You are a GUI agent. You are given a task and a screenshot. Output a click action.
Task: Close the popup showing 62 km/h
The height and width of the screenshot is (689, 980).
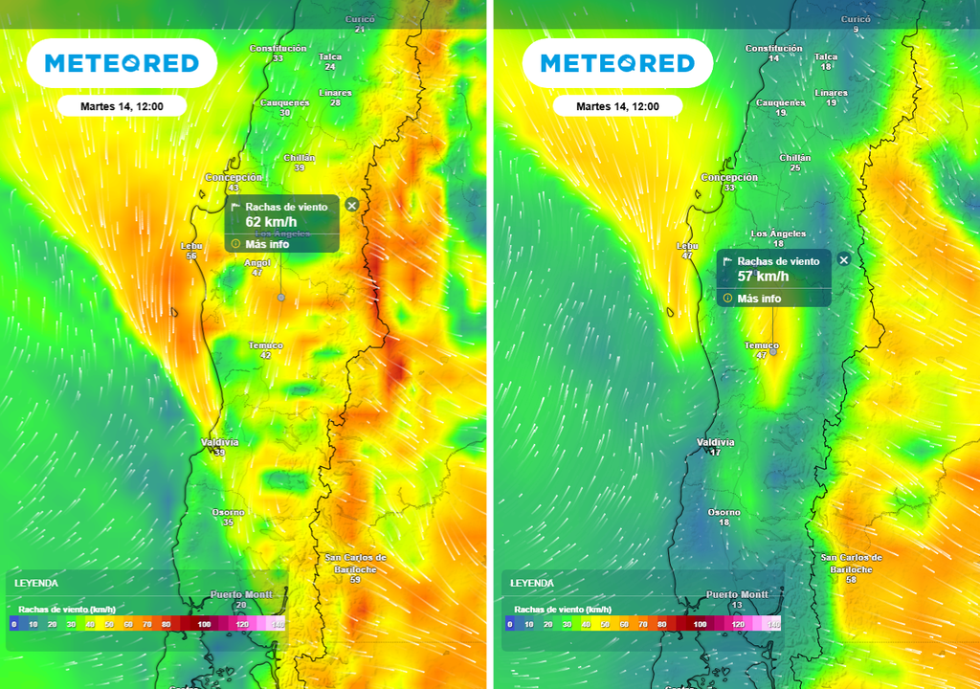click(x=351, y=205)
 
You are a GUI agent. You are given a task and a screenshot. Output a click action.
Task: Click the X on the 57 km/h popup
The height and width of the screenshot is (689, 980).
click(x=843, y=259)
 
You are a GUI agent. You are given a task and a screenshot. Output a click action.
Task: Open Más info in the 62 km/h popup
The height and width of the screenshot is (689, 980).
click(x=266, y=244)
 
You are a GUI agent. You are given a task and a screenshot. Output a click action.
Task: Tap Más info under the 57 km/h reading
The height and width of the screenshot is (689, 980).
click(x=759, y=299)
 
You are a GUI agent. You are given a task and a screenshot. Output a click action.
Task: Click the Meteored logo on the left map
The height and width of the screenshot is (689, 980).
click(x=122, y=64)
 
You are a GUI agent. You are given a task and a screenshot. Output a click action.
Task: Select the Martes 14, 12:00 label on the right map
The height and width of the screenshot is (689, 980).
click(x=617, y=106)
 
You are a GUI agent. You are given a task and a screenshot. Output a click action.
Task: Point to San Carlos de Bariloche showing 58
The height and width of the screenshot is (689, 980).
click(x=851, y=563)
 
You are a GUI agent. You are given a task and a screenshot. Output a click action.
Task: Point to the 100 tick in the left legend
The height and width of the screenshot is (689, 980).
click(x=203, y=624)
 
